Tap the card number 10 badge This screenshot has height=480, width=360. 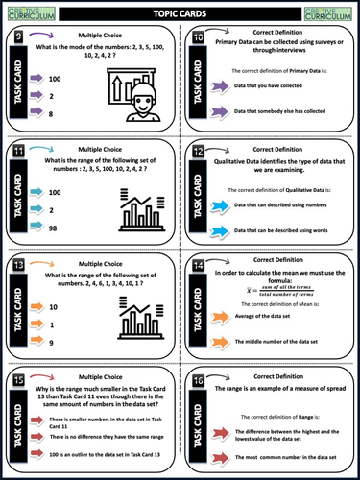(198, 39)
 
